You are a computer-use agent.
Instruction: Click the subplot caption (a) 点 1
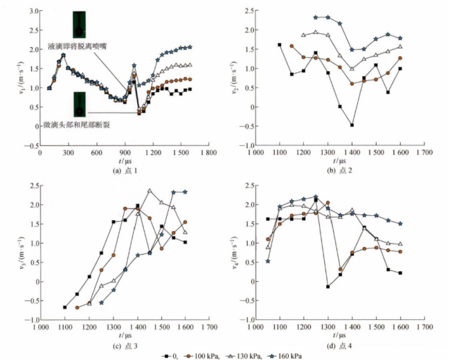[x=116, y=170]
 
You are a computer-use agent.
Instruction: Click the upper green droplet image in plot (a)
[x=80, y=24]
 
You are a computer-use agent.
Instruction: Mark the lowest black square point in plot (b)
[x=352, y=125]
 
